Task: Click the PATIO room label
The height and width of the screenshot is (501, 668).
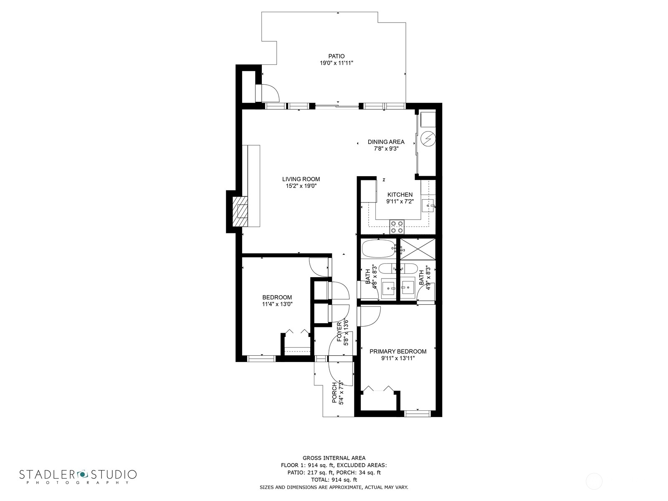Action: pos(336,56)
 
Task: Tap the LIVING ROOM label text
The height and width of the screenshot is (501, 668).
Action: pos(301,179)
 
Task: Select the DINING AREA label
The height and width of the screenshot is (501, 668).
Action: pos(386,142)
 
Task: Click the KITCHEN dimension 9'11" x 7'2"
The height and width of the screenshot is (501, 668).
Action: pos(400,201)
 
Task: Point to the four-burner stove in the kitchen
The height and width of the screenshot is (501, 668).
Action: pos(397,227)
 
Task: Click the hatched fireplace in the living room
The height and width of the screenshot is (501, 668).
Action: pos(240,211)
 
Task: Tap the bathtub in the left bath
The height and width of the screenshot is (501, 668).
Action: pos(378,249)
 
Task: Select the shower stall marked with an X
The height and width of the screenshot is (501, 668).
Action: pos(417,249)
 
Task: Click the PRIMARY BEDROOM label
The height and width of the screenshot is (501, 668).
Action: pos(398,352)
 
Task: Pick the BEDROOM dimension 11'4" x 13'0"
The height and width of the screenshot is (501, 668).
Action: pos(277,304)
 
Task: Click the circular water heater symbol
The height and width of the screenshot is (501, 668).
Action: pos(428,139)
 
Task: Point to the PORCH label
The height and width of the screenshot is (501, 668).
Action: pos(334,393)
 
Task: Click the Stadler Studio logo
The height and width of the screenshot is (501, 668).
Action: pos(78,476)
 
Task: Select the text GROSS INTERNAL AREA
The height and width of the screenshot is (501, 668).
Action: pos(334,458)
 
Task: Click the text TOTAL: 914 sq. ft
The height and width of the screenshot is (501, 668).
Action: pos(334,480)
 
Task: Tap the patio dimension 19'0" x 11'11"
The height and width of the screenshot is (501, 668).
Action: pos(336,63)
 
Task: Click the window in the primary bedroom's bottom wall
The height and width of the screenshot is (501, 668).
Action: pos(417,413)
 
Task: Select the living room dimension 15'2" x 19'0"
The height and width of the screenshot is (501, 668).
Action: pos(301,186)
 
